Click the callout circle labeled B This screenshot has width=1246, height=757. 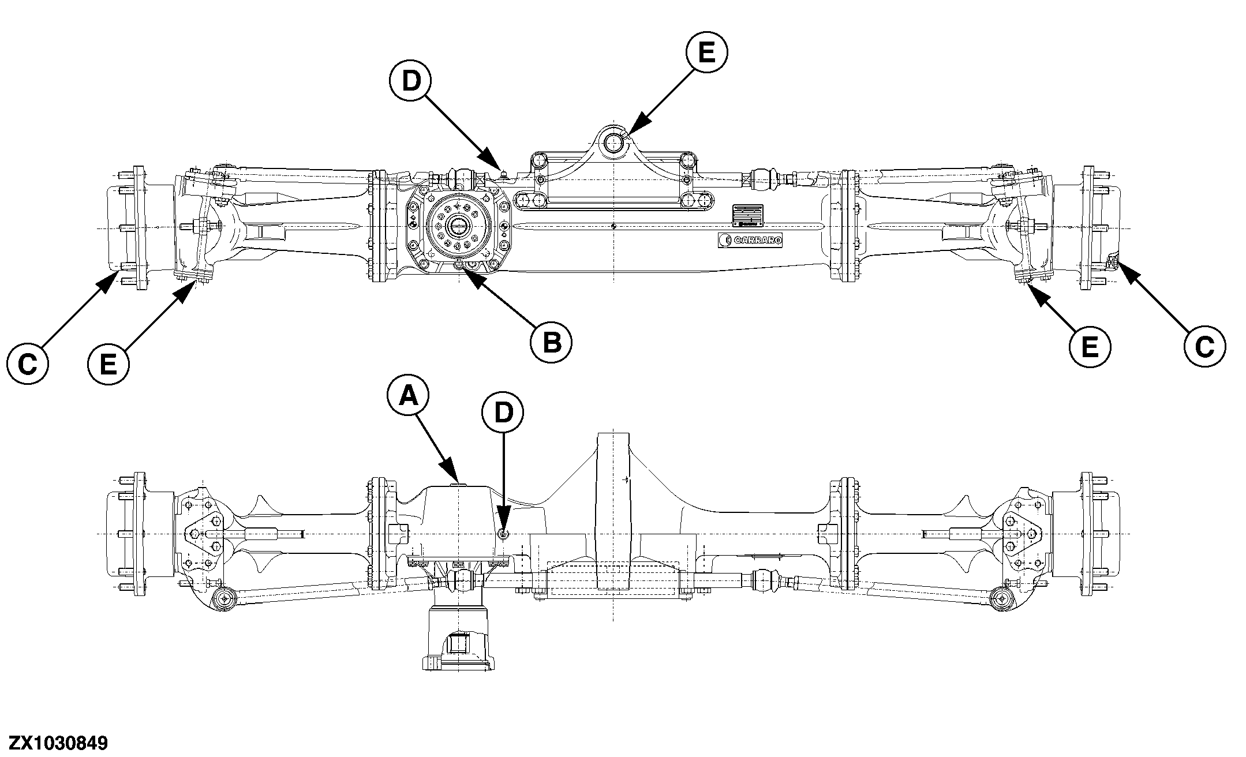click(551, 343)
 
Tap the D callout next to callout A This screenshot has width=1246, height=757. click(503, 412)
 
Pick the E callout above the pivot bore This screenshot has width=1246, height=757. click(706, 53)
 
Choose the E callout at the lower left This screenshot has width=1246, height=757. click(108, 365)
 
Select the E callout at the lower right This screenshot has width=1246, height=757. click(1089, 347)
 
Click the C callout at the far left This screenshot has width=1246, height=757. click(27, 364)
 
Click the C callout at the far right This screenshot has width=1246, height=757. click(1204, 347)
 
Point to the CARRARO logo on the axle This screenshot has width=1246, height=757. click(750, 241)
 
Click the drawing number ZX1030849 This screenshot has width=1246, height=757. click(54, 742)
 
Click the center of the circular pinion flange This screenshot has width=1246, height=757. click(459, 226)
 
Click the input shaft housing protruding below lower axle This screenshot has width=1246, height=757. click(459, 638)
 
